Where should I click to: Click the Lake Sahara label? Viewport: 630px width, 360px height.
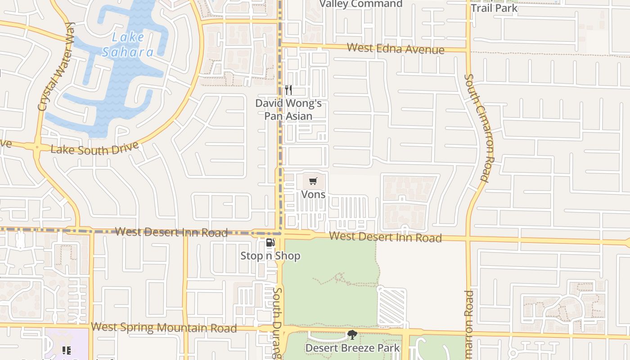128,45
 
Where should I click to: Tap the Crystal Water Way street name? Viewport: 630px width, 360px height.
56,66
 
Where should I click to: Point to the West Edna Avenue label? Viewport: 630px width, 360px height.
396,49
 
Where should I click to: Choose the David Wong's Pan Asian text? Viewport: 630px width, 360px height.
288,109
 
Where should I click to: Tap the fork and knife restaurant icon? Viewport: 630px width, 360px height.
288,90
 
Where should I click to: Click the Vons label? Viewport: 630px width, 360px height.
313,194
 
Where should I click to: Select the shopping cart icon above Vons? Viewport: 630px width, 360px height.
313,181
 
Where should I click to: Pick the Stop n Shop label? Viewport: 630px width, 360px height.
270,256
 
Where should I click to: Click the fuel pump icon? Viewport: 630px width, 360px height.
270,243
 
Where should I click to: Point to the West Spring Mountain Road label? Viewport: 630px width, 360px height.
164,327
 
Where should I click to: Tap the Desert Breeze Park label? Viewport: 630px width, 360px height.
352,348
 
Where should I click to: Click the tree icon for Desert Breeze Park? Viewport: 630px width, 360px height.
352,335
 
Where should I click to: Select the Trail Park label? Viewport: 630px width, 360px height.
494,8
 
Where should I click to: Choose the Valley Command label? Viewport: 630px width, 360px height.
361,4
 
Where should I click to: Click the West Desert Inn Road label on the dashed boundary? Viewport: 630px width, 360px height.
171,232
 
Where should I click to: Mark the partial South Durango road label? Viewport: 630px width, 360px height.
277,323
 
